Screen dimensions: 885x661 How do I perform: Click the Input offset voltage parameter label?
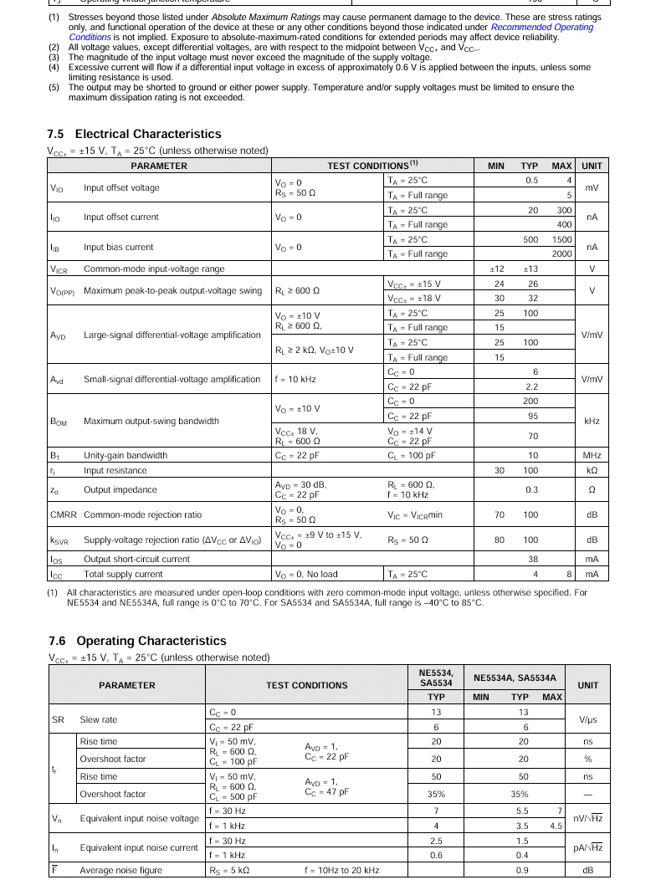121,188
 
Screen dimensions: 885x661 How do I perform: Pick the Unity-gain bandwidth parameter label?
126,456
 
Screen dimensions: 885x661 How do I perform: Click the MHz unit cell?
592,456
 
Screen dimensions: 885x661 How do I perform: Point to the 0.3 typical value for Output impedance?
531,490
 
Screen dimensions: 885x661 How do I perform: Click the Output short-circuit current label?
136,559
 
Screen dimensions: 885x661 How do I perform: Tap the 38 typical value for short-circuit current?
532,559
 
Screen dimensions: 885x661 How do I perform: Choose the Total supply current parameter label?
123,575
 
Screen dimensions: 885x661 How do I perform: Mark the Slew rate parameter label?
99,720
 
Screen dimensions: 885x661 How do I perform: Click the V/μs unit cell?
588,720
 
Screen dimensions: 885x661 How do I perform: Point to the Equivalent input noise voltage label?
139,819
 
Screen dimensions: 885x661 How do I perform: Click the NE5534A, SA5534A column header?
515,678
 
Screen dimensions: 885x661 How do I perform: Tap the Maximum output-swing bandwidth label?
151,422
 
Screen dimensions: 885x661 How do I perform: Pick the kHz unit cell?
592,422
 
